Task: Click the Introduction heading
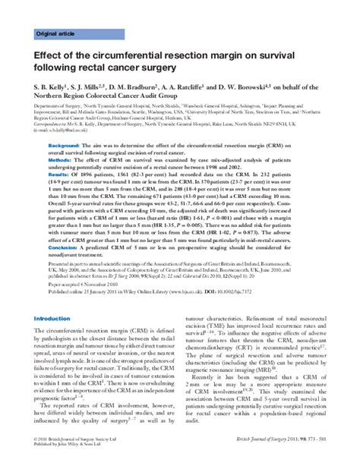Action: point(52,318)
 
